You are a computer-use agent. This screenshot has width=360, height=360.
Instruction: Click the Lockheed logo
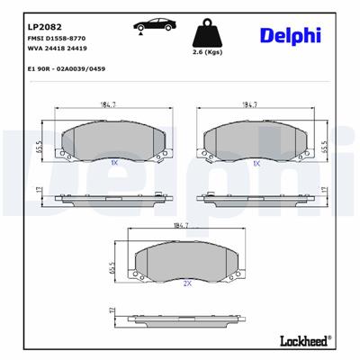click(299, 340)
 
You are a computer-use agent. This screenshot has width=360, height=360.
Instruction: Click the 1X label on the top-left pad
click(113, 164)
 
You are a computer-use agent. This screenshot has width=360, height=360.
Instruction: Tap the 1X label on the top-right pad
click(256, 164)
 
